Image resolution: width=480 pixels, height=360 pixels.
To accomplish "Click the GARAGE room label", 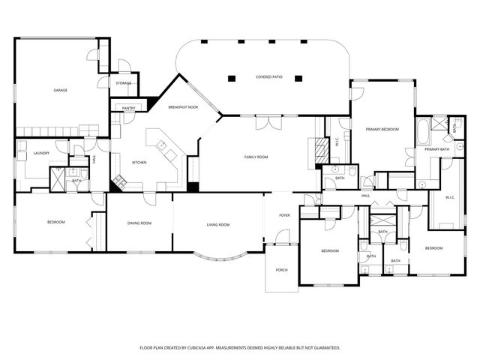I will [x=60, y=90].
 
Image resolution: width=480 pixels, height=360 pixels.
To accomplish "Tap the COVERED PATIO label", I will [x=268, y=76].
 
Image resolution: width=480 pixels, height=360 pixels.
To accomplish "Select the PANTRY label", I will [x=128, y=108].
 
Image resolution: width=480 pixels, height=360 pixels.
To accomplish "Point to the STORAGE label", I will [x=124, y=82].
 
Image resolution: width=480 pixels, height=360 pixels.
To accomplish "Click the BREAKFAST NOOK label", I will [x=183, y=106].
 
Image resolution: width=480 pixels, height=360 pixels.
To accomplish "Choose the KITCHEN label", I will [x=139, y=163].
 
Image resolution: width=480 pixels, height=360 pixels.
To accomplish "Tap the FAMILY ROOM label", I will [x=256, y=157].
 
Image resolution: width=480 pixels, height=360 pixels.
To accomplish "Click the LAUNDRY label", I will [x=41, y=153].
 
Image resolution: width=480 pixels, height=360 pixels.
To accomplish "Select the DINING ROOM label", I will [x=139, y=223].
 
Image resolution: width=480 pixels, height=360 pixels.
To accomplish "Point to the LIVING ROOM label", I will [x=218, y=225].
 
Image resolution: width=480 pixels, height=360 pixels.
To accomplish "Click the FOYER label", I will [x=285, y=215].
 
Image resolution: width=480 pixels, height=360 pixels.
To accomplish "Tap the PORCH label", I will [x=282, y=270].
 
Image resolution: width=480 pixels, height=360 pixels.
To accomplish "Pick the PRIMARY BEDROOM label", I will [x=382, y=130].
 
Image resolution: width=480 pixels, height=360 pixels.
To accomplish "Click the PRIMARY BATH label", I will [x=436, y=149].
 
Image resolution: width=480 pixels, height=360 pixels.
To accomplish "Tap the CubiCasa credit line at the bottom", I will [x=240, y=348].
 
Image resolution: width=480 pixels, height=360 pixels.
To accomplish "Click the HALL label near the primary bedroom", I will [x=366, y=196].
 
